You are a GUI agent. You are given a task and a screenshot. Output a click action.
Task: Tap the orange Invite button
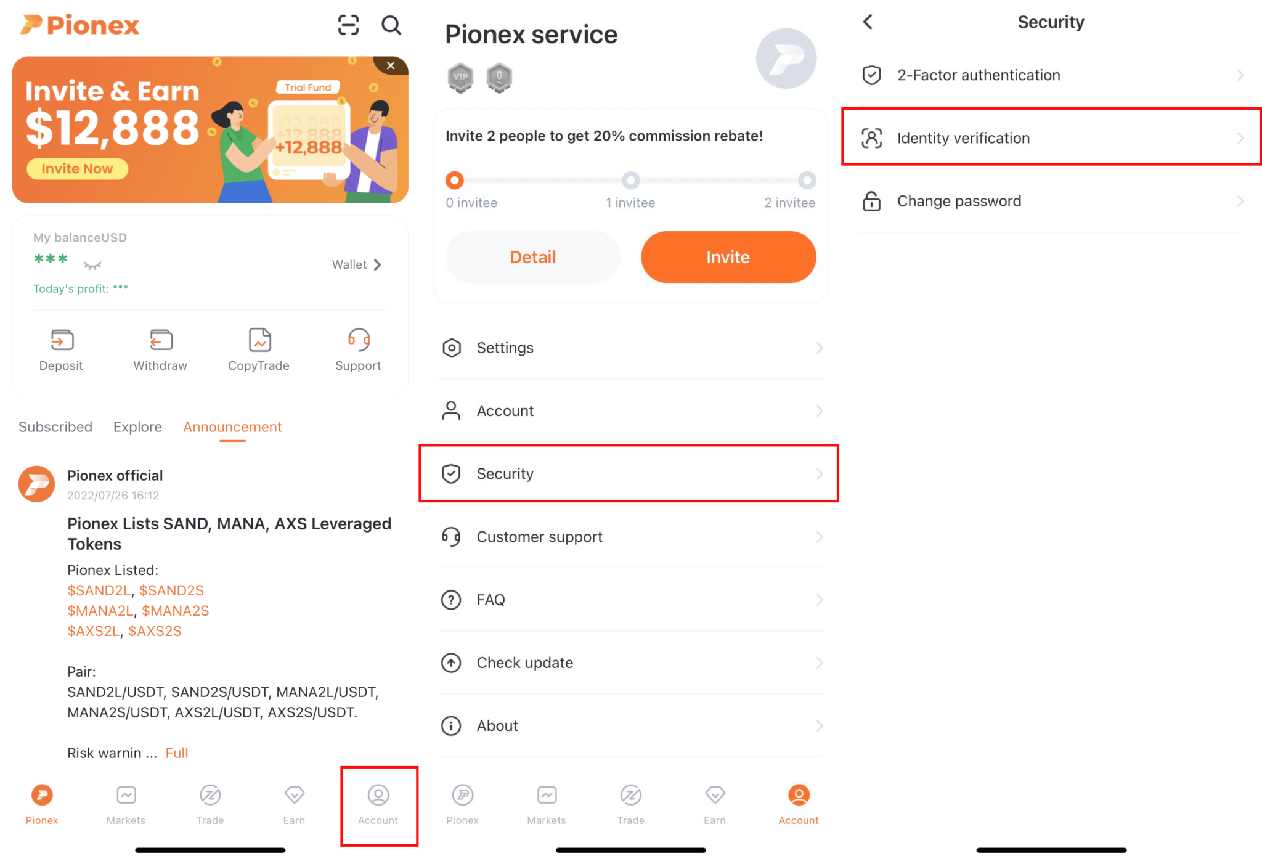(728, 257)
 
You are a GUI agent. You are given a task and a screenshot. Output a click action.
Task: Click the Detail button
(532, 257)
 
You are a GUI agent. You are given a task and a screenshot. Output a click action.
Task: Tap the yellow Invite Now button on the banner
(77, 169)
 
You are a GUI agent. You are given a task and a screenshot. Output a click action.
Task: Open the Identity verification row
(1051, 138)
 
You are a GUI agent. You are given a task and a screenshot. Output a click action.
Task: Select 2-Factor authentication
(1051, 75)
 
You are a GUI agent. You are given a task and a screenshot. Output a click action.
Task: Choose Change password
(1051, 201)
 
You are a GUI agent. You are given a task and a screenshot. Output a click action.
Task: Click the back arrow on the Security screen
(868, 22)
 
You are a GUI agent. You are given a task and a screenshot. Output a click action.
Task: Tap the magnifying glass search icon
(391, 25)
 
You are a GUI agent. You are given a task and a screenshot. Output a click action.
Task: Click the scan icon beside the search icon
(348, 25)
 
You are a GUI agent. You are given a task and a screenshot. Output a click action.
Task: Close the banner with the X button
(391, 65)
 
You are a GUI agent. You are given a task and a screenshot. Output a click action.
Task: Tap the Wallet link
(357, 264)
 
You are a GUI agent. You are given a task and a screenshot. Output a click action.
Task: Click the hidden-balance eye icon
(92, 266)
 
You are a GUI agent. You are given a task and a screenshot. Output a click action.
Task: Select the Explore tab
(137, 426)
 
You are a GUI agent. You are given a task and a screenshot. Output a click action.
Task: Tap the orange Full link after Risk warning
(177, 753)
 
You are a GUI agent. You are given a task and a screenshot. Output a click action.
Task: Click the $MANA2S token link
(176, 611)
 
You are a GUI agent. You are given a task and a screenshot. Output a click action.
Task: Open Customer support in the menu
(630, 537)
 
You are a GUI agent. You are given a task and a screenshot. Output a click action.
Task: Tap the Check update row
(630, 663)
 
